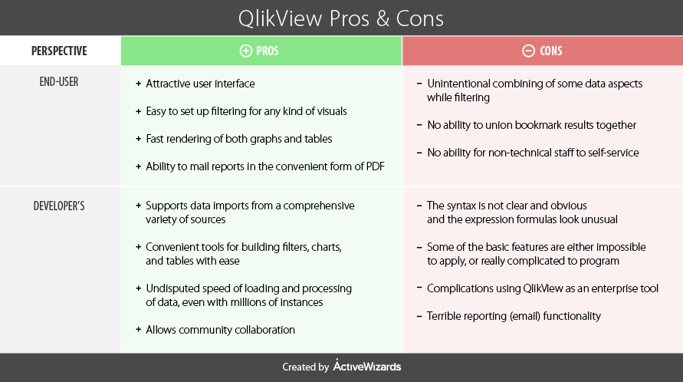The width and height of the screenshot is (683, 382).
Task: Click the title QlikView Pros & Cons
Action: [x=340, y=18]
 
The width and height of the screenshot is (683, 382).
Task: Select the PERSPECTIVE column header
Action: [x=59, y=51]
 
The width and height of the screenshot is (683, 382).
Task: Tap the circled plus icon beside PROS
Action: [x=245, y=51]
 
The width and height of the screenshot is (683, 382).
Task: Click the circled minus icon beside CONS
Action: [x=528, y=51]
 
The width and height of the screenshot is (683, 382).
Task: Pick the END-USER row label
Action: [x=59, y=82]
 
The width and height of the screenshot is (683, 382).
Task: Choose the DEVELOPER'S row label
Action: [x=59, y=206]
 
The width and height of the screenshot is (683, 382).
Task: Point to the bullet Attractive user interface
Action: [x=200, y=84]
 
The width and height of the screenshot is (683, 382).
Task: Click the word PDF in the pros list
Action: [x=376, y=166]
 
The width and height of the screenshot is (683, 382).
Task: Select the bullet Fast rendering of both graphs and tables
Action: [x=238, y=139]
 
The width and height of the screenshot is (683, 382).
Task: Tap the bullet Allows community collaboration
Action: [x=220, y=330]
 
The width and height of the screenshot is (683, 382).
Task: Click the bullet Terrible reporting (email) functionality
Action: [x=514, y=316]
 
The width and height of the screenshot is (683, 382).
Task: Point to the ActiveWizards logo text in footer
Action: [x=367, y=366]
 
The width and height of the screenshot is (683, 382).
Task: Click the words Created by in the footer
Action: [x=305, y=367]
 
